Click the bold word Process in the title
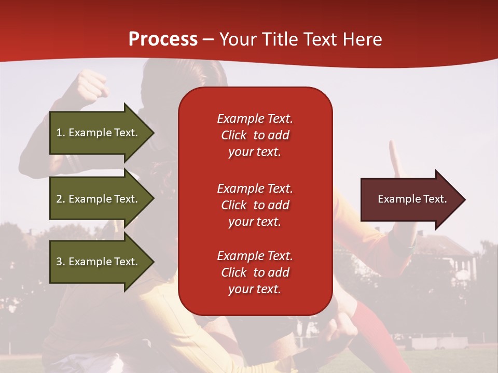tap(163, 39)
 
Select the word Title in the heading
tap(280, 39)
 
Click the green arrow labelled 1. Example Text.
tap(102, 133)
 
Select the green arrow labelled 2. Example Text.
tap(102, 198)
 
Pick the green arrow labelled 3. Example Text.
tap(102, 262)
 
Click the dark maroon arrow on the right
tap(413, 199)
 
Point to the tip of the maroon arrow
tap(466, 199)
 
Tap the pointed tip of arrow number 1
tap(155, 133)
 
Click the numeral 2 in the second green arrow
tap(59, 199)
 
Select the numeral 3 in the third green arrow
tap(59, 262)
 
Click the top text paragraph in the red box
tap(255, 135)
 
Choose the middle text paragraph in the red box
tap(255, 205)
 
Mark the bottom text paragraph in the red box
tap(255, 272)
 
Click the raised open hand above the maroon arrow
tap(396, 159)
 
